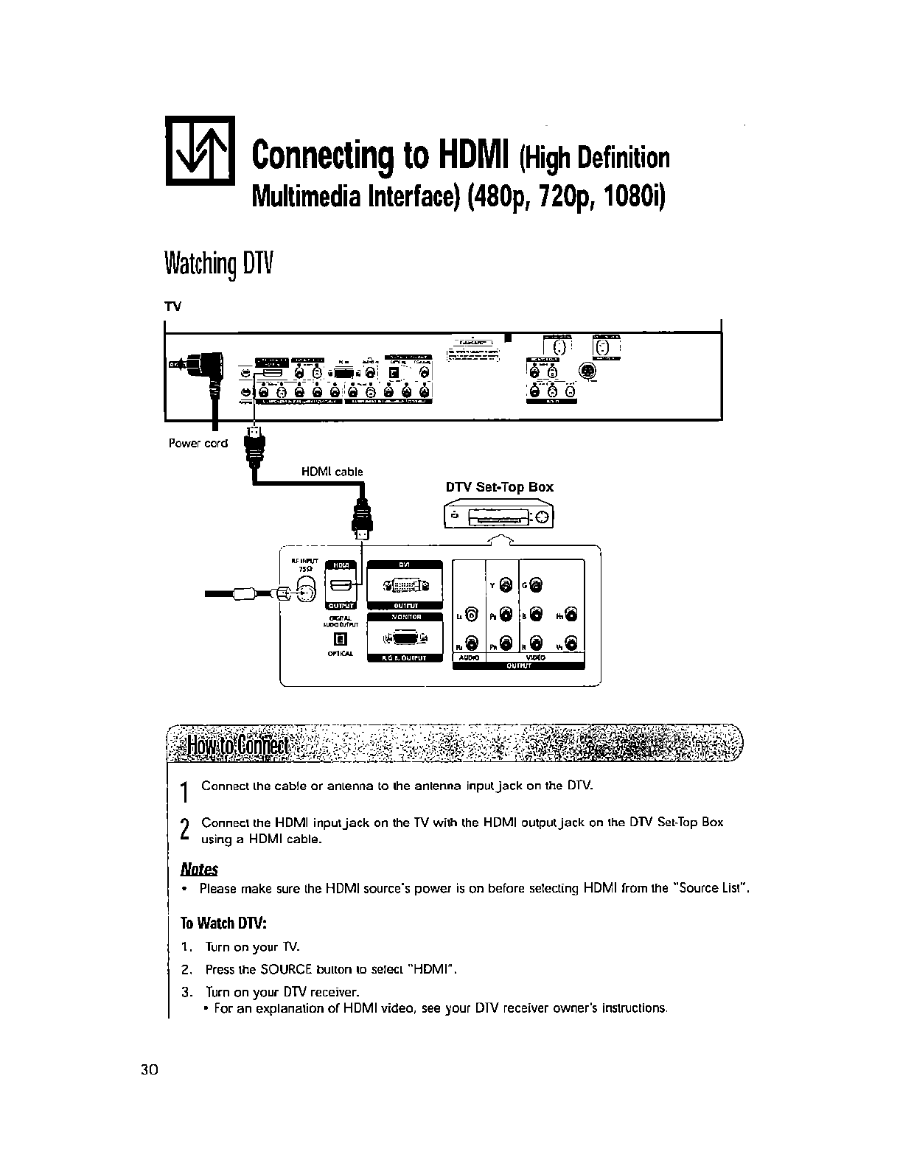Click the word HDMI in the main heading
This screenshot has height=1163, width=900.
point(476,156)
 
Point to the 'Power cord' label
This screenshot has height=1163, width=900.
point(198,443)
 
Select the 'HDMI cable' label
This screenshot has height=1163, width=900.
point(332,472)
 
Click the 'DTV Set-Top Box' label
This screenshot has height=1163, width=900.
point(499,487)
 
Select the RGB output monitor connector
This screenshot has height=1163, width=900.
point(405,638)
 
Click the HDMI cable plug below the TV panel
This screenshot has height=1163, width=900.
point(256,445)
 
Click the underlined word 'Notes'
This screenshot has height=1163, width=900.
point(200,869)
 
